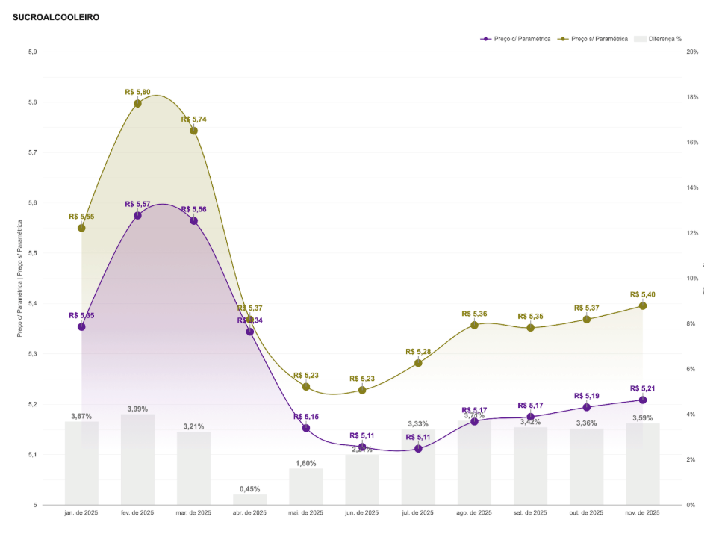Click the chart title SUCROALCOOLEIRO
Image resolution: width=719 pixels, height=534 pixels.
[56, 16]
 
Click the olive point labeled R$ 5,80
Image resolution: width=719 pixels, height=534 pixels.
[137, 103]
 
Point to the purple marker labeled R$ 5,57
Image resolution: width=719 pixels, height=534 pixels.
[137, 215]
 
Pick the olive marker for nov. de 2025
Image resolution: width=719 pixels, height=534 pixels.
[643, 305]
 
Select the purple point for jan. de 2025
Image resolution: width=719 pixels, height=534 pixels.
[81, 326]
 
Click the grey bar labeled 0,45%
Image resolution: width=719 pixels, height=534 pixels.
[249, 499]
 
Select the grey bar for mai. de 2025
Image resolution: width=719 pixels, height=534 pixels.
[306, 486]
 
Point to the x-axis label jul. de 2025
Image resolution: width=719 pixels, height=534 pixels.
[418, 513]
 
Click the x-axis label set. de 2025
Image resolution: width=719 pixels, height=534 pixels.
[530, 513]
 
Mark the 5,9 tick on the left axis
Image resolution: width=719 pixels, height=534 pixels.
[32, 52]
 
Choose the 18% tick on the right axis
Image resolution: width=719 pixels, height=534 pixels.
[692, 97]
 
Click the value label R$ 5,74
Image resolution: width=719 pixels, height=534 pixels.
[194, 119]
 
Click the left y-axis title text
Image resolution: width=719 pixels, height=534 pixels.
[20, 278]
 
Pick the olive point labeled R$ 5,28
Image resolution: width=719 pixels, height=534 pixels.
[418, 363]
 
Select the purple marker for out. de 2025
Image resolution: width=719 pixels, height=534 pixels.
[587, 407]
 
